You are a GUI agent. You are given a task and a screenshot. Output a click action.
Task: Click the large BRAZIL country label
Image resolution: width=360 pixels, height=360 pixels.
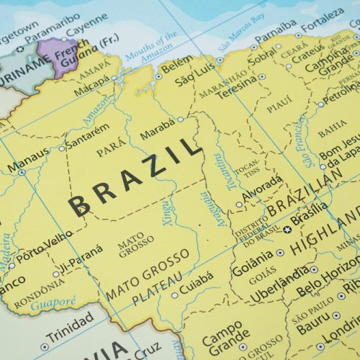click(133, 178)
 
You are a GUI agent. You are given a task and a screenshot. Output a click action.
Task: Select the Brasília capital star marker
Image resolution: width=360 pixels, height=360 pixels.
click(287, 230)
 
